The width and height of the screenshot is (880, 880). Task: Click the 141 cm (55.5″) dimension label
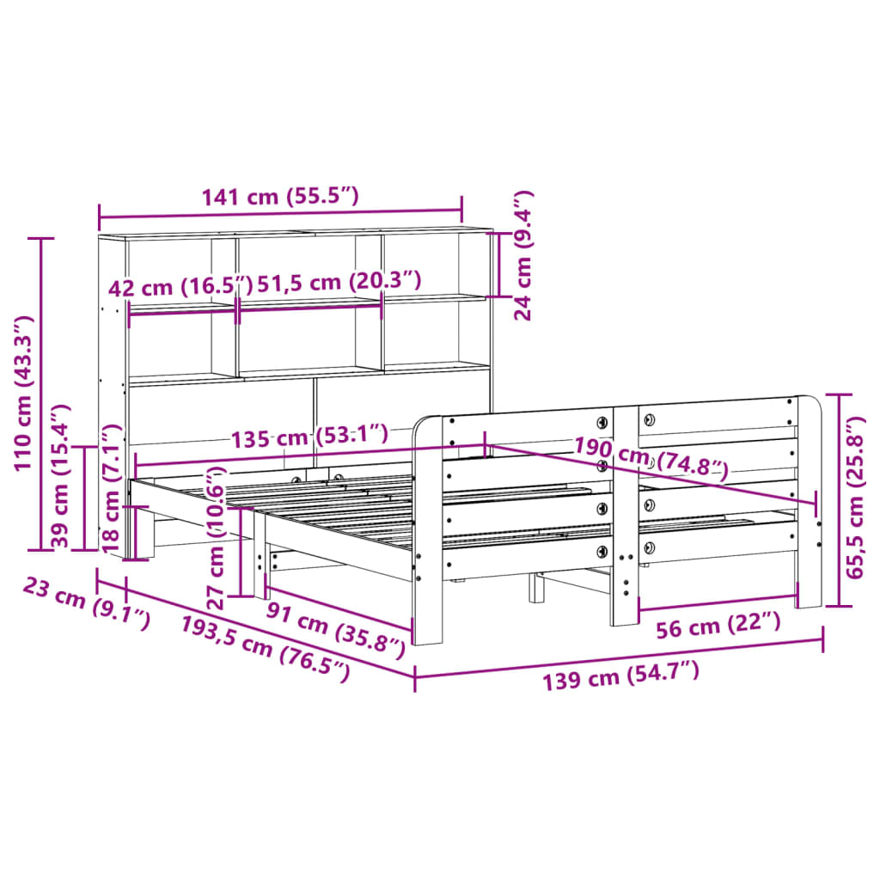pos(279,197)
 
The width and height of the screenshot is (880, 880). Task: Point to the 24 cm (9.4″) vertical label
pos(523,255)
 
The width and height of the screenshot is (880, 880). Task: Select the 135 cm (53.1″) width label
pos(309,437)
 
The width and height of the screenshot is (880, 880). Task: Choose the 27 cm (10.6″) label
pos(217,538)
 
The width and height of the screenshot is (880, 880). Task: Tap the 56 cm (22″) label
pos(718,626)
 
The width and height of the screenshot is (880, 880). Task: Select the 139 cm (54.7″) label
pos(620,675)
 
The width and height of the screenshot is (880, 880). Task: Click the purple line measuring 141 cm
pos(280,212)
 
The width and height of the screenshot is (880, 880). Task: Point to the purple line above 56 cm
pos(718,596)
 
